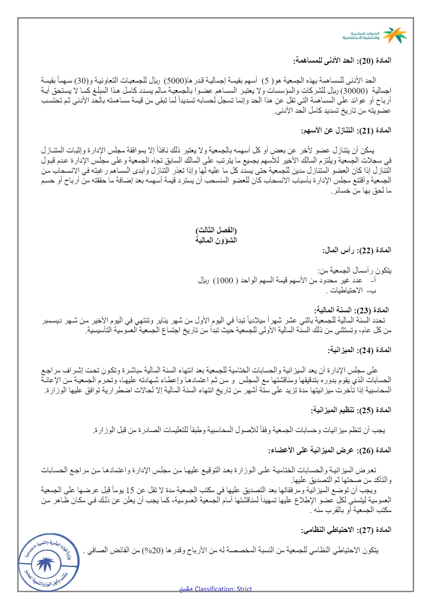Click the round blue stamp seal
click(49, 562)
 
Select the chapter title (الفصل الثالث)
click(216, 230)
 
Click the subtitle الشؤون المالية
click(216, 240)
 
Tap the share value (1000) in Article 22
click(225, 280)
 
